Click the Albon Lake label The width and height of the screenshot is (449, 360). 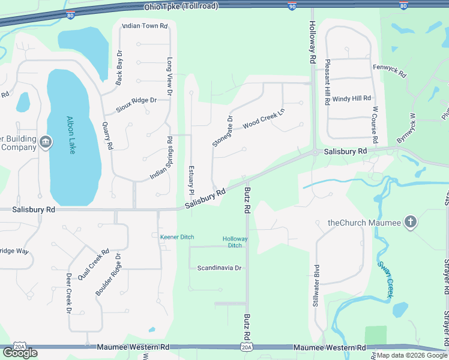click(x=71, y=135)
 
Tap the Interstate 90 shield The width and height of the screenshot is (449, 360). click(x=292, y=6)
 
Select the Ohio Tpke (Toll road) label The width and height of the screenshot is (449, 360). click(x=181, y=6)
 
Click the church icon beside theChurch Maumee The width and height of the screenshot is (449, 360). click(x=411, y=223)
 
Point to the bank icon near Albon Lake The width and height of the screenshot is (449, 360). click(x=46, y=143)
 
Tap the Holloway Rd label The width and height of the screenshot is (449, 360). click(x=312, y=43)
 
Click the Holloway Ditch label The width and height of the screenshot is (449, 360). click(x=235, y=242)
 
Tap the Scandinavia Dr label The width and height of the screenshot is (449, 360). click(x=219, y=268)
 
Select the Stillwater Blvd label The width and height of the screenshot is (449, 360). click(x=315, y=286)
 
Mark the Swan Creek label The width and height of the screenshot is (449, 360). click(x=385, y=280)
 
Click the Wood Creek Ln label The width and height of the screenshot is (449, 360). click(x=263, y=119)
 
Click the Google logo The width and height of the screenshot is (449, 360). click(x=20, y=352)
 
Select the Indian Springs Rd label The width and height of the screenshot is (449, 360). click(x=162, y=158)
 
